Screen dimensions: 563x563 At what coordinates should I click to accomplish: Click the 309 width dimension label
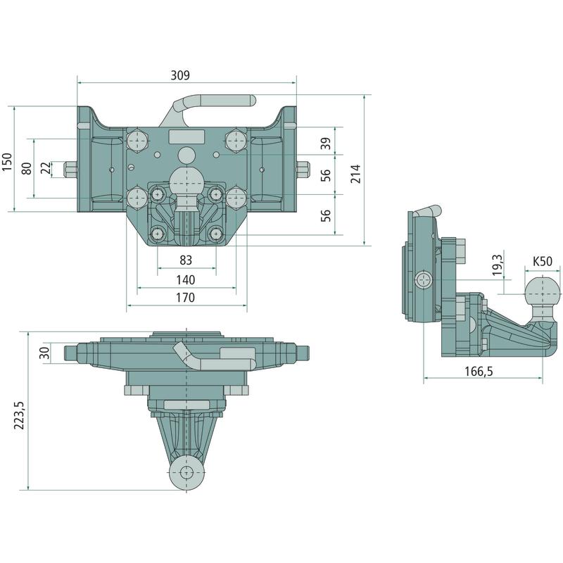coord(180,75)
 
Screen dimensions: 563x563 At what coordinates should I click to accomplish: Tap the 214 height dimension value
coord(355,174)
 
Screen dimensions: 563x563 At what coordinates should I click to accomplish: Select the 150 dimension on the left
coord(7,162)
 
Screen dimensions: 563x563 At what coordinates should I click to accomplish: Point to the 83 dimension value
coord(186,260)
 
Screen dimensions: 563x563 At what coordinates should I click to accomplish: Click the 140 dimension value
coord(186,279)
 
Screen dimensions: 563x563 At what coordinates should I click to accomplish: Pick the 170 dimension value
coord(185,298)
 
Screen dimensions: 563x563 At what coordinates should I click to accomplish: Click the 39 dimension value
coord(325,144)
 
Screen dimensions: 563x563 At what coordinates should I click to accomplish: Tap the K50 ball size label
coord(542,261)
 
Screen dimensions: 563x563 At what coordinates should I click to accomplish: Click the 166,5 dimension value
coord(479,372)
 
